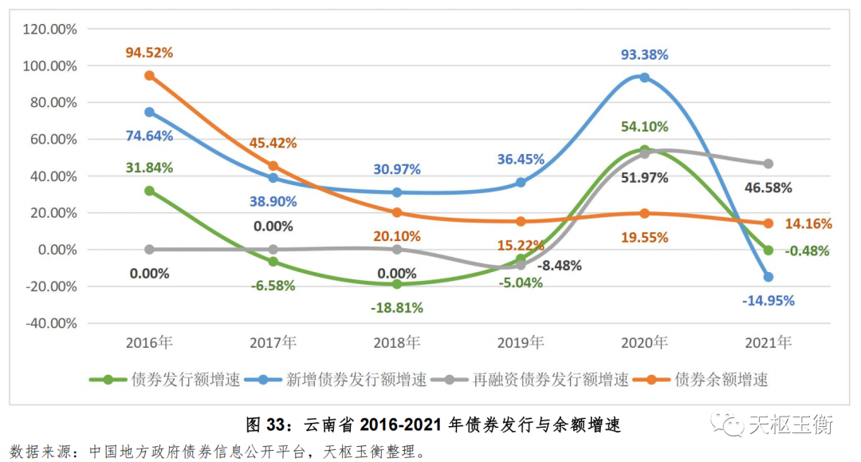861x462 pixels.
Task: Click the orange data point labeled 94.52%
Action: coord(149,76)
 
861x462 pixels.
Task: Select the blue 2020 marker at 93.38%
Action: coord(644,77)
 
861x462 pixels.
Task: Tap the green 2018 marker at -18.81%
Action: coord(397,284)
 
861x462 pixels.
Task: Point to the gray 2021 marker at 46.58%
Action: coord(769,164)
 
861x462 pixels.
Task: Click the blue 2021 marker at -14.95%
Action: coord(769,277)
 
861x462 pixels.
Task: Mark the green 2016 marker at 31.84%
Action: coord(149,191)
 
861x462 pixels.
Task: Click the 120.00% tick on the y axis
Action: coord(50,30)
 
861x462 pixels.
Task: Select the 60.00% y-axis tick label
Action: coord(53,140)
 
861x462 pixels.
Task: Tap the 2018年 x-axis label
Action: coord(397,343)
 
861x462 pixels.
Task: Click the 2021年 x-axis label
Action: coord(769,343)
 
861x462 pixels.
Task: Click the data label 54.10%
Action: coord(644,126)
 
